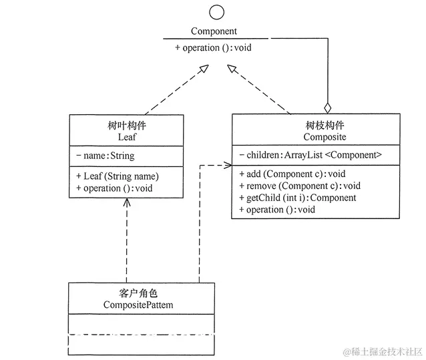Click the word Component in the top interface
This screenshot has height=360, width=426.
214,31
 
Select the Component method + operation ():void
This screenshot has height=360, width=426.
213,48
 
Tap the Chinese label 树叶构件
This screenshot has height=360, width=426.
126,125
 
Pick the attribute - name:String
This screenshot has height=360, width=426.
105,156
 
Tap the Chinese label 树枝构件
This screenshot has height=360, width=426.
316,125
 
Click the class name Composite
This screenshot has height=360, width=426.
316,136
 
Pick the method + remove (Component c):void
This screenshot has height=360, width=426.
299,186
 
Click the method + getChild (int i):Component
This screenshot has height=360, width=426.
297,198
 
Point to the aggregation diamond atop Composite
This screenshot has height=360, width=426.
327,107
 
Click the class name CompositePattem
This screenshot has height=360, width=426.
142,305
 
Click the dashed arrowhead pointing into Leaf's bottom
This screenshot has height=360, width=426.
126,202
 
